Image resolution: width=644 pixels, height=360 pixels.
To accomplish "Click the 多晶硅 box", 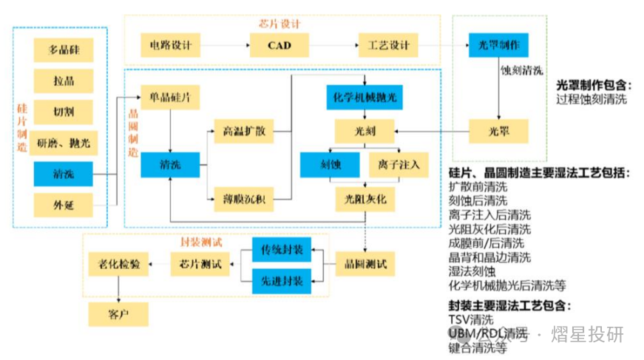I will pyautogui.click(x=63, y=50).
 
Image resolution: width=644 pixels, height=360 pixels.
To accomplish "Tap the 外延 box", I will pyautogui.click(x=63, y=205).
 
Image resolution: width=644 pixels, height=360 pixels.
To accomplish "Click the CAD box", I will pyautogui.click(x=279, y=46).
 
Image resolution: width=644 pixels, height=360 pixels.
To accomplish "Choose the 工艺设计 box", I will pyautogui.click(x=388, y=46).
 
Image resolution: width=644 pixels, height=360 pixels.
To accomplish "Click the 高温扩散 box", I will pyautogui.click(x=243, y=132).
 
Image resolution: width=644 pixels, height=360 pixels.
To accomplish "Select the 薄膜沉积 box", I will pyautogui.click(x=243, y=198).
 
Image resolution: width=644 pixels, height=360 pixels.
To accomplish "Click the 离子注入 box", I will pyautogui.click(x=398, y=164).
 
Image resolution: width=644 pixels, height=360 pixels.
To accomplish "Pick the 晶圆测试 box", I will pyautogui.click(x=365, y=262).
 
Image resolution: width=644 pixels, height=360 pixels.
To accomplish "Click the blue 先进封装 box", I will pyautogui.click(x=282, y=281).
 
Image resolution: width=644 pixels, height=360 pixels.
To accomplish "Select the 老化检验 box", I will pyautogui.click(x=118, y=262).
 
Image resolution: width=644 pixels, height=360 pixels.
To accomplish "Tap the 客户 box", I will pyautogui.click(x=118, y=314).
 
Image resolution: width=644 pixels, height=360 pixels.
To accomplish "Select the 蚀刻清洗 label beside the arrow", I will pyautogui.click(x=522, y=71).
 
